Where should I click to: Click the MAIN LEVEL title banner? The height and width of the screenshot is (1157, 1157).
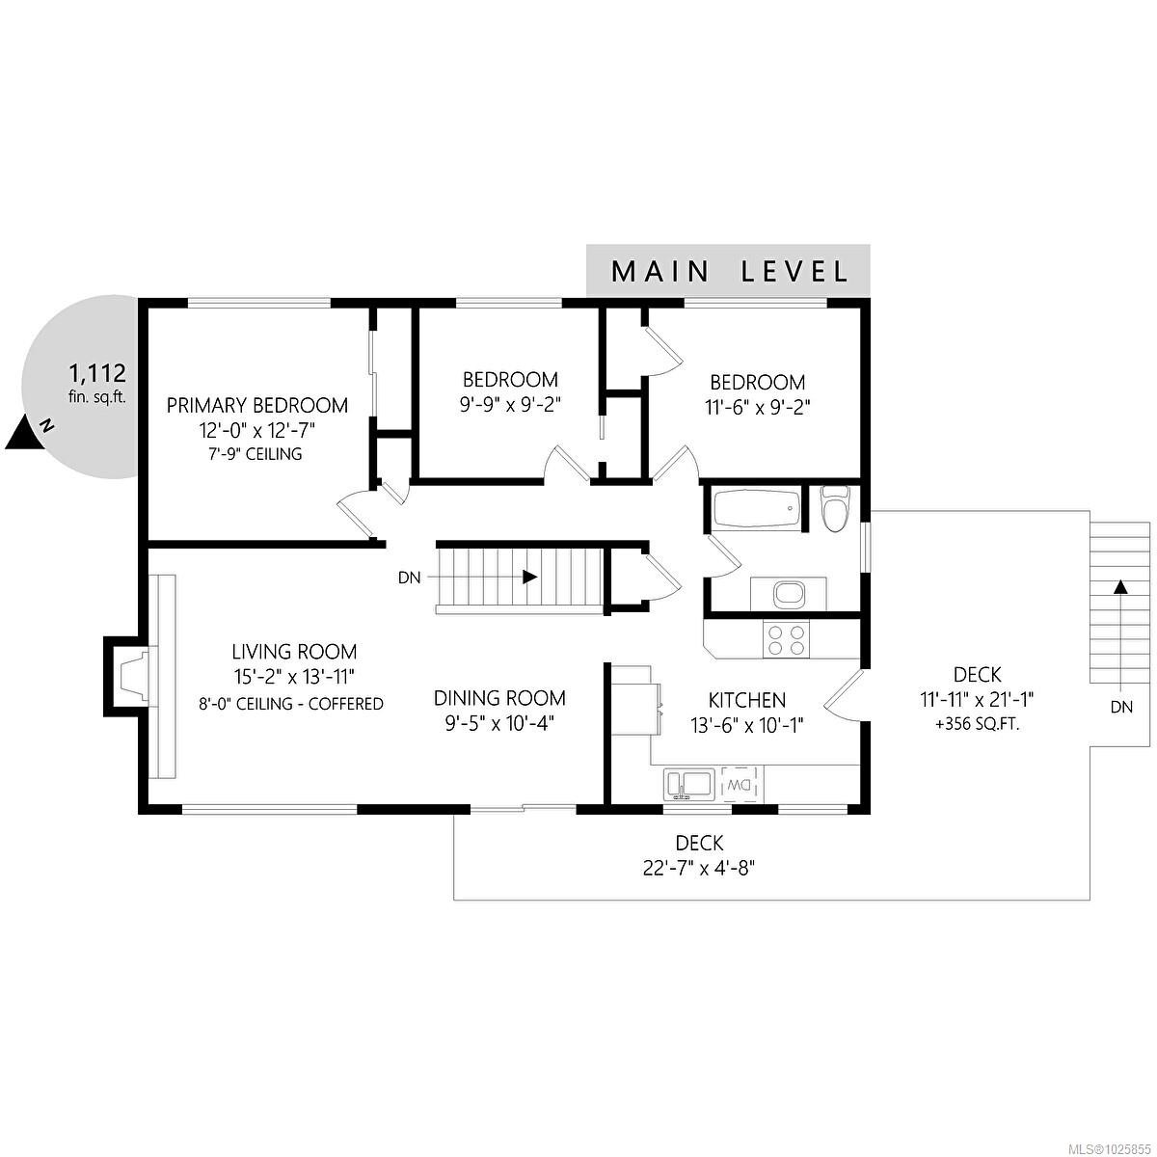pyautogui.click(x=729, y=271)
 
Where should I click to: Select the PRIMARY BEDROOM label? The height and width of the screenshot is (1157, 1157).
pyautogui.click(x=256, y=405)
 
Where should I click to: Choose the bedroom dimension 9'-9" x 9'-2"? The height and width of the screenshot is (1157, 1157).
pyautogui.click(x=510, y=405)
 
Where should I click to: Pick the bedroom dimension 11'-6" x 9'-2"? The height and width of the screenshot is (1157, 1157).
pyautogui.click(x=757, y=407)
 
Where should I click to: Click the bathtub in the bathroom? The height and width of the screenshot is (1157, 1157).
pyautogui.click(x=756, y=508)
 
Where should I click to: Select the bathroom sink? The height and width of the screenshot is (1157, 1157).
pyautogui.click(x=789, y=594)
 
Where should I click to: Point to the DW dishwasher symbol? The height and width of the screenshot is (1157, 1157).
pyautogui.click(x=740, y=784)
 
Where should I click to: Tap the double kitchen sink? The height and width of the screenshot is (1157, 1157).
pyautogui.click(x=687, y=783)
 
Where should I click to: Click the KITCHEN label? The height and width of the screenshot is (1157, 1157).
pyautogui.click(x=747, y=700)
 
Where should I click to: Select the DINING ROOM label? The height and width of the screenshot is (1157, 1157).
pyautogui.click(x=499, y=698)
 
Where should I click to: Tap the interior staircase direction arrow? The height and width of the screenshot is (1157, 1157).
pyautogui.click(x=529, y=578)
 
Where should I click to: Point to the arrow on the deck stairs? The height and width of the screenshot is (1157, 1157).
pyautogui.click(x=1120, y=586)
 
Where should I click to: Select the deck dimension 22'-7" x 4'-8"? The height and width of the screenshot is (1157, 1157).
pyautogui.click(x=699, y=868)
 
